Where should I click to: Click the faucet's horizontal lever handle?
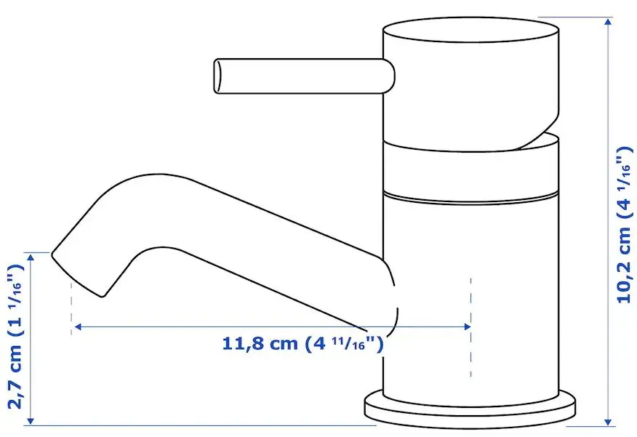[x=304, y=76]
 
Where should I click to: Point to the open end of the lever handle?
[x=218, y=76]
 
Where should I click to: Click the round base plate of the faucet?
[x=470, y=408]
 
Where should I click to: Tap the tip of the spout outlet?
[x=77, y=275]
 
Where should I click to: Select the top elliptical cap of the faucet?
[x=471, y=30]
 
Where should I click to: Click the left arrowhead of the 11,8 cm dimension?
[x=77, y=326]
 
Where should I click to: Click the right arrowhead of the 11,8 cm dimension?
[x=467, y=326]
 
